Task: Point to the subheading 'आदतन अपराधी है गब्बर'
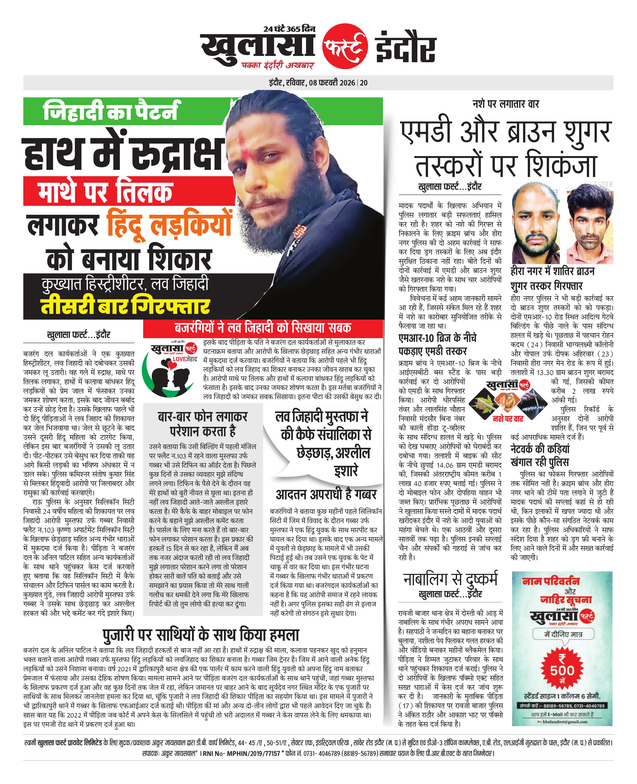coord(326,495)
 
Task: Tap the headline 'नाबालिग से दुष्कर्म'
coord(450,579)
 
